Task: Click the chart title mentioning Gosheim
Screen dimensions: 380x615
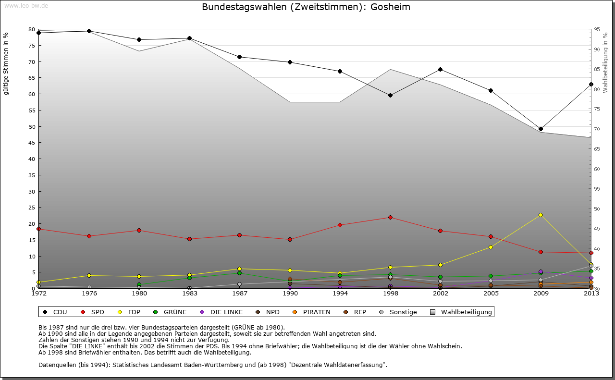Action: [x=306, y=7]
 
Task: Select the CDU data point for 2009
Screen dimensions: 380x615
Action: [x=541, y=129]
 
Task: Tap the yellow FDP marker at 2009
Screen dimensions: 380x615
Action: [x=541, y=215]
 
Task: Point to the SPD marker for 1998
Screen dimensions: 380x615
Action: [x=390, y=217]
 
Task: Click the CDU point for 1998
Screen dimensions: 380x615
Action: [x=390, y=95]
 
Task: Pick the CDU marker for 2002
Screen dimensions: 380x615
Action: [x=440, y=69]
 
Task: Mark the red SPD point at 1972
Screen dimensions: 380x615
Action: [x=38, y=229]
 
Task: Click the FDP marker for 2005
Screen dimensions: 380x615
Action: [x=491, y=247]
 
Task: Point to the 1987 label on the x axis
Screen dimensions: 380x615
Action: [x=239, y=294]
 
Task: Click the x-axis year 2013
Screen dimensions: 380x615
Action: [x=591, y=294]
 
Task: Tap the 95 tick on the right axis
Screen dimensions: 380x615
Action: [x=597, y=29]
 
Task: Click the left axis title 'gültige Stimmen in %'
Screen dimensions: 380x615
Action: [x=6, y=64]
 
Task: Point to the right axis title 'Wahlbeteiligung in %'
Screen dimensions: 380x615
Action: [x=605, y=62]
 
